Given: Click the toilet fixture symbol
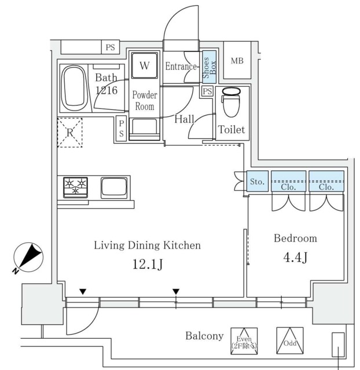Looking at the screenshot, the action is (x=231, y=102).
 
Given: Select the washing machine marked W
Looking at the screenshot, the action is (x=144, y=65).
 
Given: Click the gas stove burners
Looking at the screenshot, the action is (x=76, y=187).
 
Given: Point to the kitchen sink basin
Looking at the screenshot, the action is (x=114, y=188).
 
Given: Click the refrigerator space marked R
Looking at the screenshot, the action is (x=70, y=132).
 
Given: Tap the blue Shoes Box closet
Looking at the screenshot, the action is (x=210, y=67).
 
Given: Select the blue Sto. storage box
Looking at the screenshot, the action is (x=258, y=181).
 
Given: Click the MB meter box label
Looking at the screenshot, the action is (x=237, y=61).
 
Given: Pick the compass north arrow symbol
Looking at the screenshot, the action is (x=28, y=257).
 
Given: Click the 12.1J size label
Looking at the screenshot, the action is (x=148, y=264).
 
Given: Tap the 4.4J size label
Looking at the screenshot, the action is (x=295, y=257).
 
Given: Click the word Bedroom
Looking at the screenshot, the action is (x=296, y=238).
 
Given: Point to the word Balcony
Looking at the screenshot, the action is (x=204, y=336).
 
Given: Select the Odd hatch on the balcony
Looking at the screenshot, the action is (x=290, y=341).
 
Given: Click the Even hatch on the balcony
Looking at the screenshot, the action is (x=244, y=341).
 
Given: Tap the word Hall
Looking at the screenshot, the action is (x=184, y=119).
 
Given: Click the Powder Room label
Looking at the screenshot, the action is (x=145, y=101).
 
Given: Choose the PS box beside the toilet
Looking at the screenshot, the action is (x=207, y=91).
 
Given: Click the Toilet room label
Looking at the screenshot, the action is (x=232, y=129).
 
